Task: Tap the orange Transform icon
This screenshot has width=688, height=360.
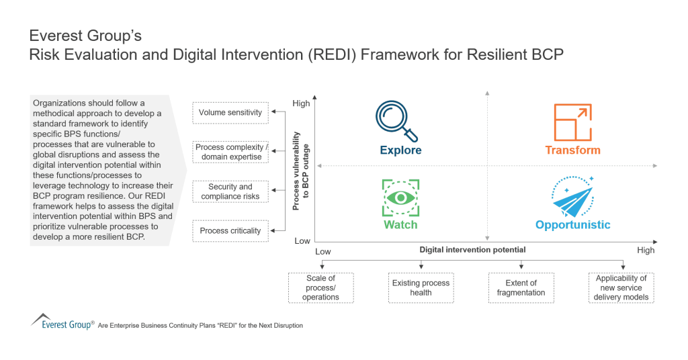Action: [x=572, y=122]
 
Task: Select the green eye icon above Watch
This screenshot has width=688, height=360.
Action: [x=400, y=197]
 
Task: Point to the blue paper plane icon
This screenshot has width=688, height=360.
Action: [x=574, y=197]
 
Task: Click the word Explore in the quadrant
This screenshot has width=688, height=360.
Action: [x=400, y=150]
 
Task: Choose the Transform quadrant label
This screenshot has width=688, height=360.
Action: [x=572, y=150]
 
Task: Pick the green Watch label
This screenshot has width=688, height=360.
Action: [x=400, y=225]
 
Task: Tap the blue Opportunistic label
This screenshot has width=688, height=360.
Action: [x=572, y=225]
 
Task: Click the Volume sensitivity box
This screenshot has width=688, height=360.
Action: [x=230, y=112]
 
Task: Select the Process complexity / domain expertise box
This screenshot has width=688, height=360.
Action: [x=230, y=152]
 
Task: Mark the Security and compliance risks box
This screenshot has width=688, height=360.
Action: [x=230, y=191]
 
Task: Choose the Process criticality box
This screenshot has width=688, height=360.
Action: [x=230, y=230]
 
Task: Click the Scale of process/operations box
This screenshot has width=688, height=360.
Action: [x=320, y=287]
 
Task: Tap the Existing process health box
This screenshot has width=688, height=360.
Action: [x=421, y=287]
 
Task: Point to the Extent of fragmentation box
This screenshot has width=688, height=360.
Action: [x=521, y=287]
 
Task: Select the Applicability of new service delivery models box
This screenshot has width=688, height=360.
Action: [x=621, y=287]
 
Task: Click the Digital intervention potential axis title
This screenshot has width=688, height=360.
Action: [x=472, y=250]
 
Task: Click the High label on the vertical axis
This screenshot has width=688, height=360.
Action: [x=302, y=103]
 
